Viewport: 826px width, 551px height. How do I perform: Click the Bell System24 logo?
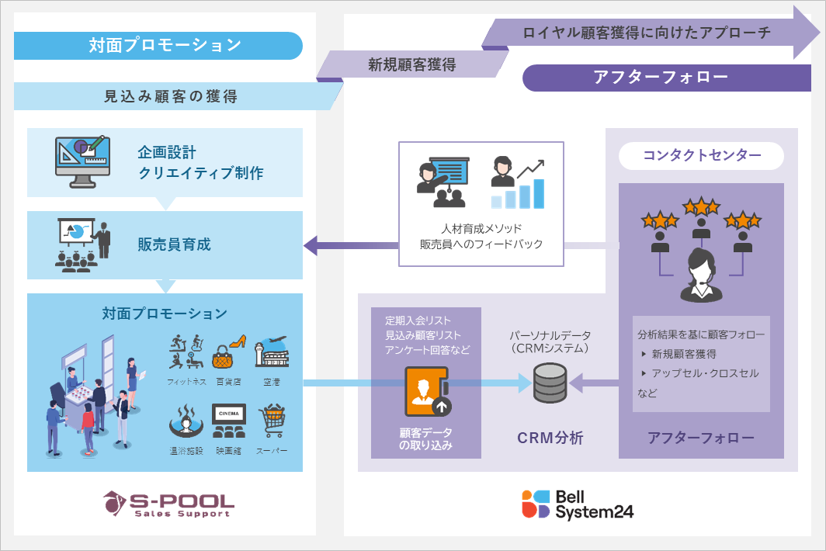click(x=578, y=504)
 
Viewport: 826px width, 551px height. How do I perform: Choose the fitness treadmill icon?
click(x=186, y=352)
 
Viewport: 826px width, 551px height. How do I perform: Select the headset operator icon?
click(x=701, y=276)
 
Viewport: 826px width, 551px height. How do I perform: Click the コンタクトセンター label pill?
click(x=701, y=156)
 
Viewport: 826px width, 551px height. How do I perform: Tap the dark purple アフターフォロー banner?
click(x=660, y=78)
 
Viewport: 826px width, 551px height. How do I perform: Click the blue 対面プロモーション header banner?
click(x=158, y=46)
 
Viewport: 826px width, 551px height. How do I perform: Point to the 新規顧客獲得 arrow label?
click(x=411, y=64)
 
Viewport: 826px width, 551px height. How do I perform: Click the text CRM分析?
click(x=550, y=438)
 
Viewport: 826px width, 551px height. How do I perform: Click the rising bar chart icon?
click(x=518, y=184)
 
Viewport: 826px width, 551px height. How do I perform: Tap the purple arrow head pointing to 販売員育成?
click(x=311, y=246)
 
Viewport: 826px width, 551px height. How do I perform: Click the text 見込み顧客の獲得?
click(x=171, y=96)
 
